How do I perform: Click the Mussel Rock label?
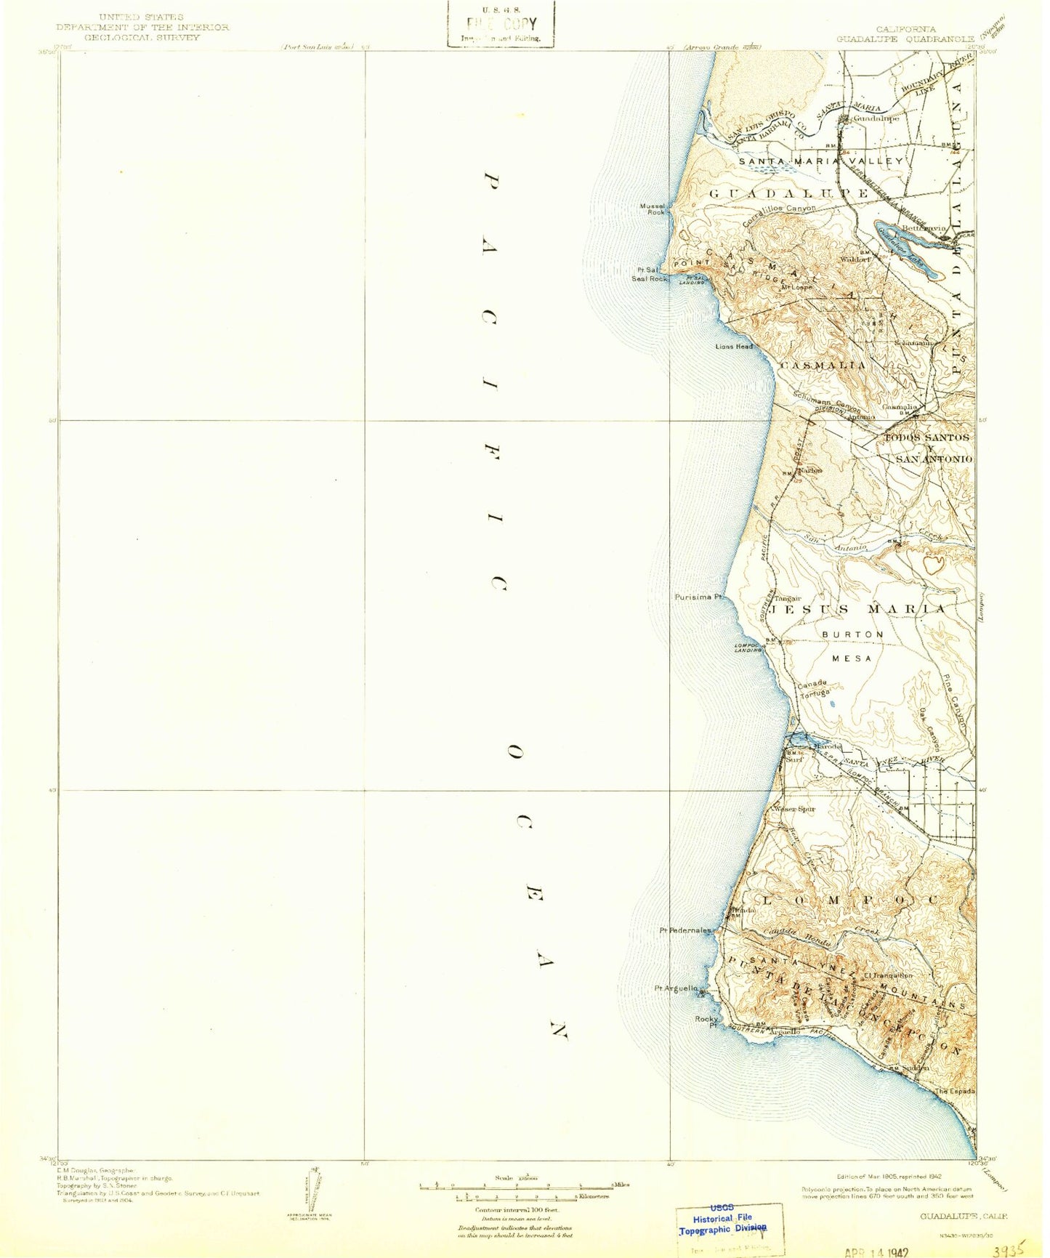[x=652, y=209]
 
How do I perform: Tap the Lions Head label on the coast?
[x=734, y=347]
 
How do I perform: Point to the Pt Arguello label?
[x=677, y=988]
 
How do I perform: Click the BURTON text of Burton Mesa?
[x=852, y=634]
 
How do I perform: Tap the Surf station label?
[x=795, y=759]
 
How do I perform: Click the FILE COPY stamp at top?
[x=501, y=23]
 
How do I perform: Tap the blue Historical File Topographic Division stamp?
[x=722, y=1225]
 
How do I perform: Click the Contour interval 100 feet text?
[x=513, y=1210]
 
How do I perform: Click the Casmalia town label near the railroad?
[x=900, y=407]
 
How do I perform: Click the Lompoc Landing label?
[x=748, y=647]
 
